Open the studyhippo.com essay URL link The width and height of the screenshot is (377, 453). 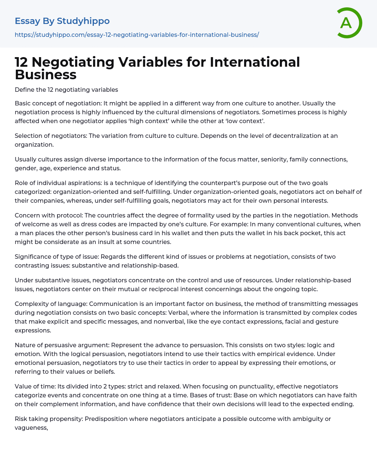(137, 35)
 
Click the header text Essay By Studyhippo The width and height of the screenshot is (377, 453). (62, 21)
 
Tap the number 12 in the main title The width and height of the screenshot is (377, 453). (22, 62)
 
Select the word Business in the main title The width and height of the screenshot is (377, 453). (46, 74)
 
